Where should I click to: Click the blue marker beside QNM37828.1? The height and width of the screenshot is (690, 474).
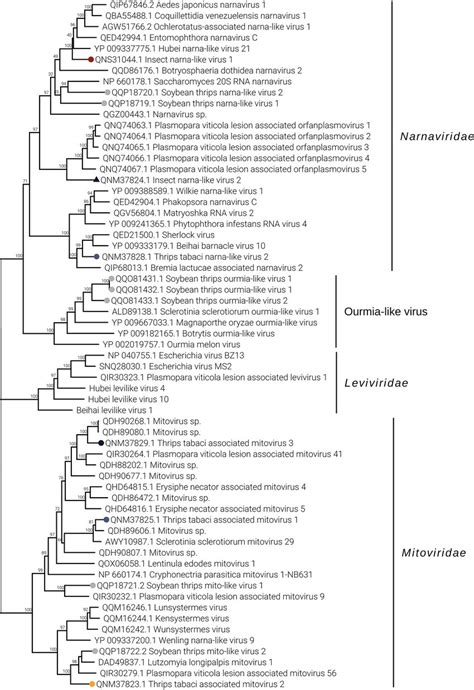[97, 257]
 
